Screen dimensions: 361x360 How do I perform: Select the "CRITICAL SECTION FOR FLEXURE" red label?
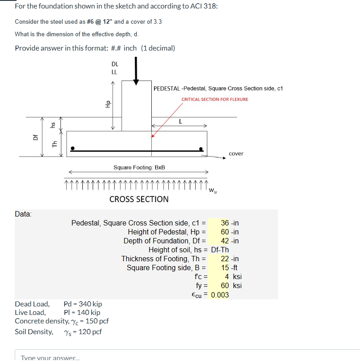(x=214, y=99)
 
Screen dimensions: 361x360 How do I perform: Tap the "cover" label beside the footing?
(x=236, y=153)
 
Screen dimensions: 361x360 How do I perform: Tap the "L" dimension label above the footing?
(x=180, y=121)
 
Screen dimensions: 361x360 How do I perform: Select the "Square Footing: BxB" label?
(x=139, y=167)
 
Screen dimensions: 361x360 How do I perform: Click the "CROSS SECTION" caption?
(x=139, y=199)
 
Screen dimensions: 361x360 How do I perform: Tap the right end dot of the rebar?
(x=202, y=149)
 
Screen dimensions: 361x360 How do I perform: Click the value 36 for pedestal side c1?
(x=225, y=223)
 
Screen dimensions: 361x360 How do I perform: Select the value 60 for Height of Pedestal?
(x=225, y=232)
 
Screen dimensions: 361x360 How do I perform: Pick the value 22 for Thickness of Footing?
(x=225, y=259)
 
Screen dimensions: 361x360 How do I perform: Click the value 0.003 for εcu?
(x=220, y=295)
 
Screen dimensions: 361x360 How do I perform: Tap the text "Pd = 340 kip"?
(x=83, y=304)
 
